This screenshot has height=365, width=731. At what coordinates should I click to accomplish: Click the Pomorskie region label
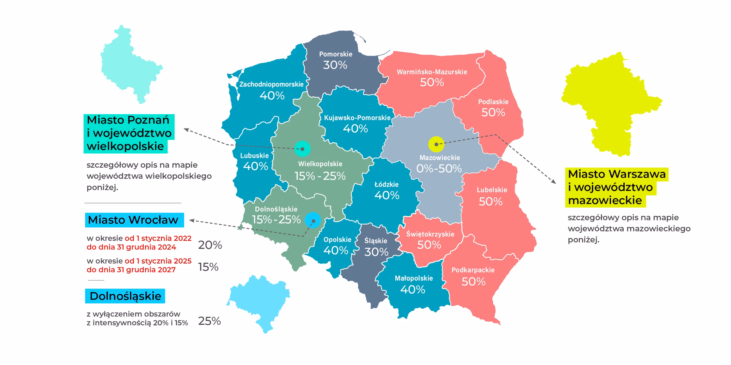pyautogui.click(x=335, y=54)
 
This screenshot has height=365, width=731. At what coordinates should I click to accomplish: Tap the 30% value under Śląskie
pyautogui.click(x=376, y=252)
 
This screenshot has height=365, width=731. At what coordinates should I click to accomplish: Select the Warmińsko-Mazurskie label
pyautogui.click(x=432, y=72)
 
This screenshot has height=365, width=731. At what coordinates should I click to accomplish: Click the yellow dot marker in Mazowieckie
pyautogui.click(x=436, y=144)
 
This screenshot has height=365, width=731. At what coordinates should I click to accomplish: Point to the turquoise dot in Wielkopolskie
pyautogui.click(x=302, y=149)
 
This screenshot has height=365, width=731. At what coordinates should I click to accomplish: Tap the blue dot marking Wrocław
pyautogui.click(x=313, y=220)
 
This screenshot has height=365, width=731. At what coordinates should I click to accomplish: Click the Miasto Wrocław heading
pyautogui.click(x=133, y=220)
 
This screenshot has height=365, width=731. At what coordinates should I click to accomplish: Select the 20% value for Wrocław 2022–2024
pyautogui.click(x=210, y=245)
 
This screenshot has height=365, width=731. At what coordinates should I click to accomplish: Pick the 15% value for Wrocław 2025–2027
pyautogui.click(x=208, y=267)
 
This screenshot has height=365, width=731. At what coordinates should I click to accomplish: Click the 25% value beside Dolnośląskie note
pyautogui.click(x=209, y=321)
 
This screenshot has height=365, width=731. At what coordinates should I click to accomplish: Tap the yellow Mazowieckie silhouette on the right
pyautogui.click(x=609, y=103)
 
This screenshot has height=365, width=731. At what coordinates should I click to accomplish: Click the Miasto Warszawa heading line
pyautogui.click(x=616, y=174)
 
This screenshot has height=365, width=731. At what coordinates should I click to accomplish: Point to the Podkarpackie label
pyautogui.click(x=473, y=270)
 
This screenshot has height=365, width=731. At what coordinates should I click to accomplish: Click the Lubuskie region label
pyautogui.click(x=254, y=156)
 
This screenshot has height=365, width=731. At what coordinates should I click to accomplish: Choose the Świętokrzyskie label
pyautogui.click(x=430, y=234)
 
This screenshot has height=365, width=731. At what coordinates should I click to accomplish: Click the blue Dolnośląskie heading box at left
pyautogui.click(x=125, y=296)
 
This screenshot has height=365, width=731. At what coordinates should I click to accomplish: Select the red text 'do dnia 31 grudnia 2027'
pyautogui.click(x=131, y=270)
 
